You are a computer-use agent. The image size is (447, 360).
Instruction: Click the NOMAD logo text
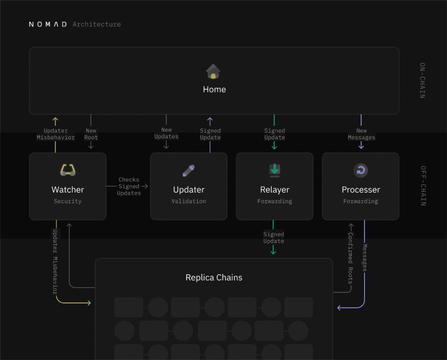pos(48,24)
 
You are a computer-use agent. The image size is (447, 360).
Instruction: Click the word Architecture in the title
pos(96,24)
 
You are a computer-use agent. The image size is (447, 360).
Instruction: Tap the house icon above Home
pos(214,72)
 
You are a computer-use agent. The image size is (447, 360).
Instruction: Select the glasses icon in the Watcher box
pos(68,170)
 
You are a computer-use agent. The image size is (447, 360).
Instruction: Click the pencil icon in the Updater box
pos(188,170)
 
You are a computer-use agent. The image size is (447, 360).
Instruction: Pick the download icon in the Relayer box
pos(274,170)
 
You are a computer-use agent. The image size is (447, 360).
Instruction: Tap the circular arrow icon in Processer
pos(361,170)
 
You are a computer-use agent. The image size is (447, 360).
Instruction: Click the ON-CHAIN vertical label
pos(422,80)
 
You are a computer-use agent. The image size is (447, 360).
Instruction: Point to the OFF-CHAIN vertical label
pos(422,186)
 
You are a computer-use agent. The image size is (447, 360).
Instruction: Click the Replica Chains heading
pos(214,278)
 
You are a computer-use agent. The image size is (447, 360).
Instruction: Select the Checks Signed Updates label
pos(129,186)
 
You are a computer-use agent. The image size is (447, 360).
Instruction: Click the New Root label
pos(91,134)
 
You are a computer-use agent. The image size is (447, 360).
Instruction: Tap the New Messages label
pos(361,134)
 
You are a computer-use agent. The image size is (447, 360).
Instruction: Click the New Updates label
pos(166,133)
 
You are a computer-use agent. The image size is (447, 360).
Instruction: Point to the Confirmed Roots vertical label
pos(350,258)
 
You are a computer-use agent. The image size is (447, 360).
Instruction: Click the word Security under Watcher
pos(68,202)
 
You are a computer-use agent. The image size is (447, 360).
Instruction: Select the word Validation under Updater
pos(188,202)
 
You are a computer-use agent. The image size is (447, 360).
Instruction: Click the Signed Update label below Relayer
pos(274,237)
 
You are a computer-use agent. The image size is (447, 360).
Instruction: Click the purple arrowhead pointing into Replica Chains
pos(340,308)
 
